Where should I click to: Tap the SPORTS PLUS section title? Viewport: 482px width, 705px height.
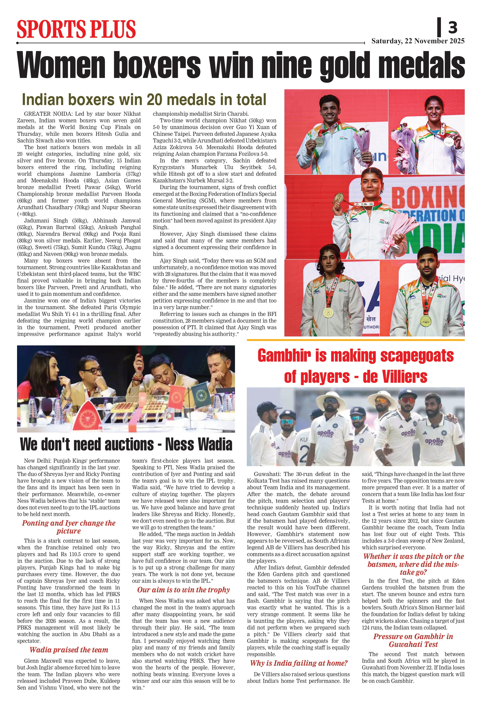[76, 29]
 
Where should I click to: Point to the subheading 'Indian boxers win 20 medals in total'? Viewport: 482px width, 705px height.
[144, 100]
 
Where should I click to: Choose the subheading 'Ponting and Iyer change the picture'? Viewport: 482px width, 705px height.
[69, 527]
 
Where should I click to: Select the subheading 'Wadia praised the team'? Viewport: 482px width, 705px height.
[69, 650]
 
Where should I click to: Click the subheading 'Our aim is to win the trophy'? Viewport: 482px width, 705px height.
[183, 590]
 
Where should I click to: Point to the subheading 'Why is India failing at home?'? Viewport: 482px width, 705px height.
[299, 663]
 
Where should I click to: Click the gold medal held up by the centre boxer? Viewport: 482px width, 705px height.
[339, 198]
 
